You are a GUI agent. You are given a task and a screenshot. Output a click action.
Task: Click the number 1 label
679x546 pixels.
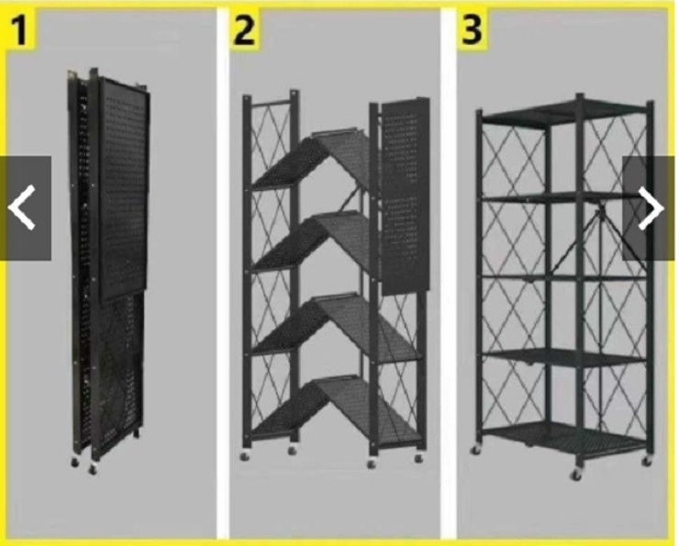(20, 29)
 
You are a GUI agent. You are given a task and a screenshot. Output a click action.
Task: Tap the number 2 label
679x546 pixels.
(244, 29)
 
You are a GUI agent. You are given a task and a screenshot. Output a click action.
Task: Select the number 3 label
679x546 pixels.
(472, 29)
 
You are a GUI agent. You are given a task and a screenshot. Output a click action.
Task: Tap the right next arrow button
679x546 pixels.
(650, 208)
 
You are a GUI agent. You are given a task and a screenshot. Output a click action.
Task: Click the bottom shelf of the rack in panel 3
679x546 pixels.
(563, 439)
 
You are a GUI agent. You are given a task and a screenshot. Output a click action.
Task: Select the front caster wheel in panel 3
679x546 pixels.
(576, 475)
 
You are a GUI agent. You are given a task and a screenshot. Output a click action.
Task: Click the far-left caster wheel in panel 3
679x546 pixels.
(475, 450)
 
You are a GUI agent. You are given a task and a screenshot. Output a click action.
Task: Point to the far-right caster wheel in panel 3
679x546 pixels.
(647, 462)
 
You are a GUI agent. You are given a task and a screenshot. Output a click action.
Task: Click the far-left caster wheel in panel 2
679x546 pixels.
(245, 455)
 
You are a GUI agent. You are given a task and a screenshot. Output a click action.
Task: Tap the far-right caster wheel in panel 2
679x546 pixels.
(418, 458)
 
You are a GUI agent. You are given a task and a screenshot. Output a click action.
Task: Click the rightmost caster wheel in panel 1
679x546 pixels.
(93, 469)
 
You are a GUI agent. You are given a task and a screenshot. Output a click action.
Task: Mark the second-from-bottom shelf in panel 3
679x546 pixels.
(563, 358)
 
